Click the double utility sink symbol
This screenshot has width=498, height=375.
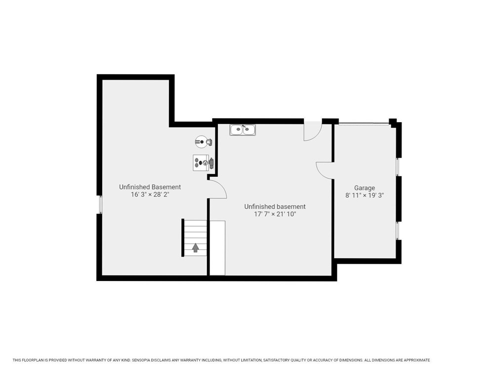[243, 130]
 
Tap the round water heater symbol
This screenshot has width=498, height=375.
[201, 142]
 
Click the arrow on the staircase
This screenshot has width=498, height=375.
[196, 247]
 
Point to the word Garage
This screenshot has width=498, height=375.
[364, 188]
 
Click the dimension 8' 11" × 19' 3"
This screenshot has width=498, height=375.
[364, 195]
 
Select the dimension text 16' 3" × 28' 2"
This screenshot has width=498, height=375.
[150, 194]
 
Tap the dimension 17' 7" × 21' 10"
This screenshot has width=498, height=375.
[275, 214]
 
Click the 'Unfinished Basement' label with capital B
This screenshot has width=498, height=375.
[150, 187]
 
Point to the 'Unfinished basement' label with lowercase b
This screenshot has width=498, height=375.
[275, 207]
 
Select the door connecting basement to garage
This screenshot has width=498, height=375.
[325, 170]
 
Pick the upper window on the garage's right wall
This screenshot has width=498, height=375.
[398, 167]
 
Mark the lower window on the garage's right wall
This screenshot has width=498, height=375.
[398, 231]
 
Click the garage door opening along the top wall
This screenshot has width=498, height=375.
[363, 123]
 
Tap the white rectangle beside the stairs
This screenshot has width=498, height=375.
[217, 248]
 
